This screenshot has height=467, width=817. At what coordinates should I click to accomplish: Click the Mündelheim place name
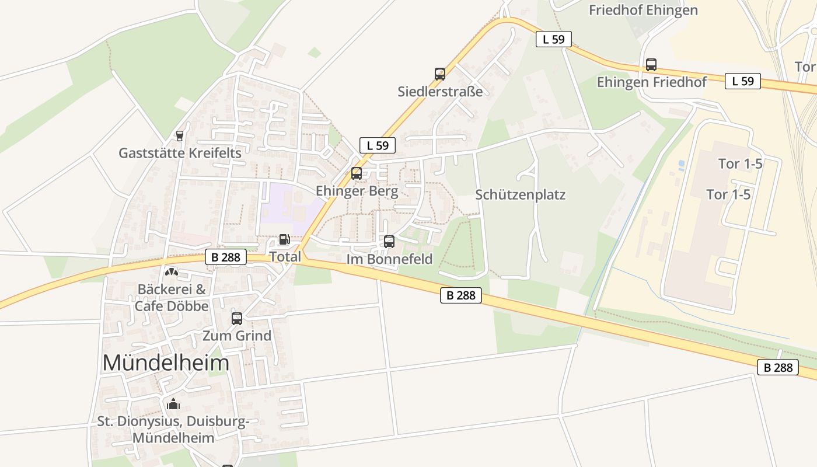coord(166,363)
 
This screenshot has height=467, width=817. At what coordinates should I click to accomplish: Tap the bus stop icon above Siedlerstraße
coord(440,74)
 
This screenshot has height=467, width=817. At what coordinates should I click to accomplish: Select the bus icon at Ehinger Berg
coord(357,173)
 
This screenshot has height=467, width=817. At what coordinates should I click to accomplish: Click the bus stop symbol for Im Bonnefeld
coord(389,242)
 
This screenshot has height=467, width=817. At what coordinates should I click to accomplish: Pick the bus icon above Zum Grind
coord(237,319)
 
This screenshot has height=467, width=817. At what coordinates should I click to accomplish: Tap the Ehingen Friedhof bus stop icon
coord(651,65)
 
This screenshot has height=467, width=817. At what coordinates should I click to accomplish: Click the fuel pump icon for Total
coord(284,239)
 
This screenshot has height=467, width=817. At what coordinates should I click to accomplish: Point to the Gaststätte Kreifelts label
coord(180,153)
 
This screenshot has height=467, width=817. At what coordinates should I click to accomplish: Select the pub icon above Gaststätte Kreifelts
coord(180,136)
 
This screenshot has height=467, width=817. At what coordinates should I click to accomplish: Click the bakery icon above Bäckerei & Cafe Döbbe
coord(171,272)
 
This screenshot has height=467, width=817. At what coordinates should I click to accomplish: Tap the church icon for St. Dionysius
coord(173,404)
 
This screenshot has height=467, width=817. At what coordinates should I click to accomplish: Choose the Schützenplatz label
coord(521,195)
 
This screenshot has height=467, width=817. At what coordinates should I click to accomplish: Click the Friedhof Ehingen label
coord(643,11)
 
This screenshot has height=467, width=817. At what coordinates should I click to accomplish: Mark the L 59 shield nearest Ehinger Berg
coord(378,145)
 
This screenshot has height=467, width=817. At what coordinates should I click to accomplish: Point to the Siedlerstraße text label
coord(440,92)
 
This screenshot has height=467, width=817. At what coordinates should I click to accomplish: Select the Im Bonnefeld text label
coord(390,259)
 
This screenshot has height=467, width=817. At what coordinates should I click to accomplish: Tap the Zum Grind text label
coord(237,336)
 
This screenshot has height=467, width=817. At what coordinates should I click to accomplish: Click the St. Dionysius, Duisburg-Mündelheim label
coord(173,429)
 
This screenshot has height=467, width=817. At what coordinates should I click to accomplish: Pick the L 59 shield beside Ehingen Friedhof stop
coord(743,81)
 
